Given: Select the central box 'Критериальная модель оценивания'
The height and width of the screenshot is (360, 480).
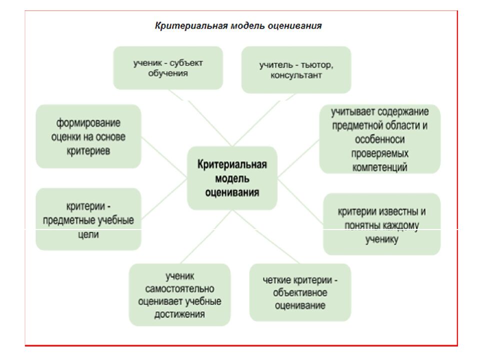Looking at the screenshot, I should pyautogui.click(x=232, y=178).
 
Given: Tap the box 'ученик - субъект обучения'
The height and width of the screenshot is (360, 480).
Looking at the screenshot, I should pyautogui.click(x=168, y=68).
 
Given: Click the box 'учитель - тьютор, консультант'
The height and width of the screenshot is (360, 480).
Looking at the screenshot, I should pyautogui.click(x=296, y=70).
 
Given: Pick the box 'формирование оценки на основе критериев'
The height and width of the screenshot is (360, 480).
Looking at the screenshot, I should pyautogui.click(x=88, y=136).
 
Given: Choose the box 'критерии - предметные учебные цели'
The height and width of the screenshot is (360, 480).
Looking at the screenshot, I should pyautogui.click(x=88, y=219).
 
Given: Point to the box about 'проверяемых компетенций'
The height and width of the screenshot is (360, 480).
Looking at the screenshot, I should pyautogui.click(x=379, y=139).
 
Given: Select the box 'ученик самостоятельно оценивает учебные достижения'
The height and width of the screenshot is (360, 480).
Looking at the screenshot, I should pyautogui.click(x=179, y=295).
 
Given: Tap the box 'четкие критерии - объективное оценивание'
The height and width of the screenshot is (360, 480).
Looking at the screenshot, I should pyautogui.click(x=300, y=292).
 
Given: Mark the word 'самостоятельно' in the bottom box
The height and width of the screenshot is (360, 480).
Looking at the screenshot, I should pyautogui.click(x=179, y=289).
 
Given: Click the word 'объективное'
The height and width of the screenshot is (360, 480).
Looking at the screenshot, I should pyautogui.click(x=300, y=292).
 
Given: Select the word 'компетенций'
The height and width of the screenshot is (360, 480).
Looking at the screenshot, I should pyautogui.click(x=379, y=166).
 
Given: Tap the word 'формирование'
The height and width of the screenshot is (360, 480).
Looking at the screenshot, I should pyautogui.click(x=88, y=123).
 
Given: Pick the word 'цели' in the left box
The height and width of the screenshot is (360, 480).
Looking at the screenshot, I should pyautogui.click(x=88, y=233).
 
